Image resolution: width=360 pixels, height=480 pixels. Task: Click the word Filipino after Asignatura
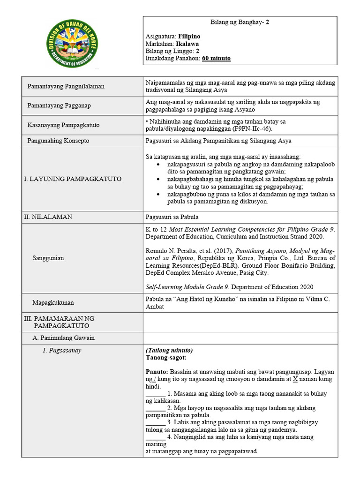point(190,36)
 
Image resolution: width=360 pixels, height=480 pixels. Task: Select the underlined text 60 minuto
point(216,59)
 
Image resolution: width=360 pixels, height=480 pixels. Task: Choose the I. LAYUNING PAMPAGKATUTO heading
point(72,179)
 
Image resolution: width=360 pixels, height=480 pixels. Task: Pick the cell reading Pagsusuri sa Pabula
point(172,217)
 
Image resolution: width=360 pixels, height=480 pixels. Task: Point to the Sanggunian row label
point(48,258)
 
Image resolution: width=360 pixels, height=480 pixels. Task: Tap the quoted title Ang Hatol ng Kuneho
point(204,299)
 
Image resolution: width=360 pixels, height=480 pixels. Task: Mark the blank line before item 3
point(156,422)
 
